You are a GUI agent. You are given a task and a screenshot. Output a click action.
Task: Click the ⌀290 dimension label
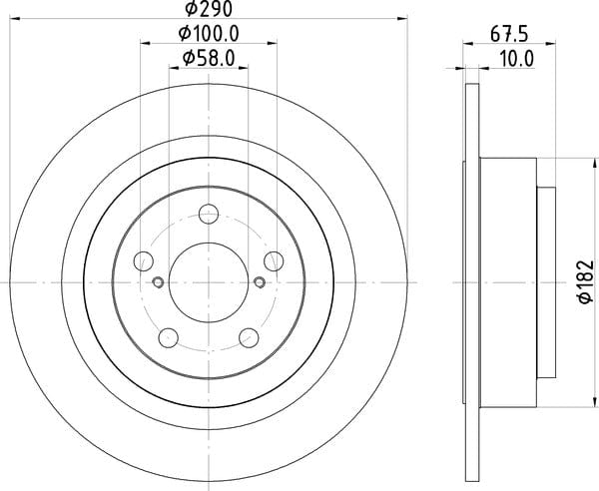tap(209, 9)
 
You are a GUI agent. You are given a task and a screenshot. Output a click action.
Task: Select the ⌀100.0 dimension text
tap(209, 34)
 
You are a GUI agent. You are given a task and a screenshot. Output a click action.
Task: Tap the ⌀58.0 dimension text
tap(209, 59)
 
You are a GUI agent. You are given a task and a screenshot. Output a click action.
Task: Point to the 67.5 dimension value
tap(509, 35)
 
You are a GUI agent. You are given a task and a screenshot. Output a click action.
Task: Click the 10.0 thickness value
tap(516, 59)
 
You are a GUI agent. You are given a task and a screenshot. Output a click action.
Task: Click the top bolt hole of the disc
tap(209, 214)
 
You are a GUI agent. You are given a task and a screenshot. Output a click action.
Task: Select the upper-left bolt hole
tap(144, 261)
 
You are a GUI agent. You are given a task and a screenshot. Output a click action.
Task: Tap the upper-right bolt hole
tap(274, 261)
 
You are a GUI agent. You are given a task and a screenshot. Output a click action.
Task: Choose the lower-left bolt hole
tap(169, 338)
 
